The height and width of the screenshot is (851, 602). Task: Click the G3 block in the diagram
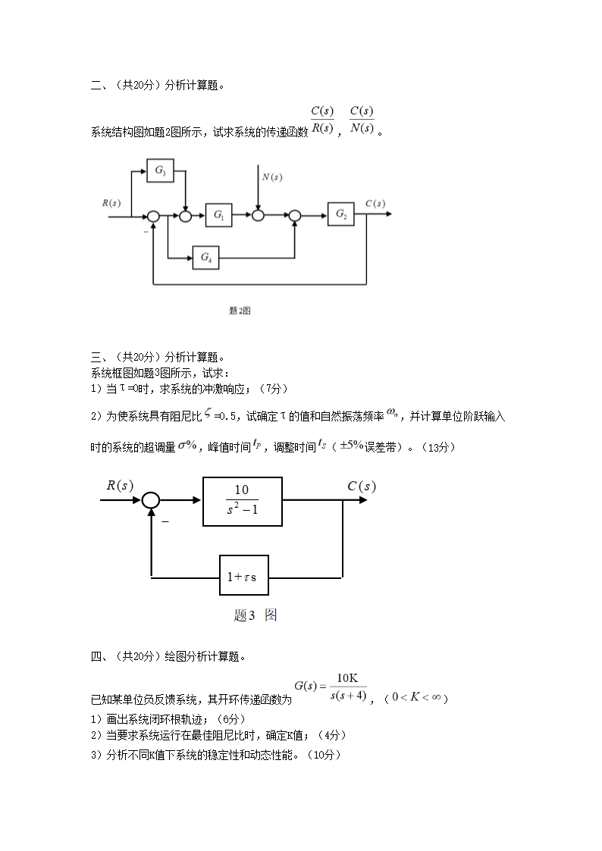[x=160, y=171]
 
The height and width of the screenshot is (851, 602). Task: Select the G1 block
[x=218, y=215]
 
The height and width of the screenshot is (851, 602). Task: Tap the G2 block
[x=341, y=215]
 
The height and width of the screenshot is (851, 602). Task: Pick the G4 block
[x=205, y=258]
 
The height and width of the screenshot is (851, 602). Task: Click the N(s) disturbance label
[x=272, y=177]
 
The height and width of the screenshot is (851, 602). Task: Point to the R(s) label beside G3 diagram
[x=111, y=202]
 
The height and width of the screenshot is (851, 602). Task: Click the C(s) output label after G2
[x=375, y=203]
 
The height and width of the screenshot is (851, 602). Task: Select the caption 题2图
[x=240, y=311]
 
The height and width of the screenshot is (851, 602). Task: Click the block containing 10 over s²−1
[x=242, y=501]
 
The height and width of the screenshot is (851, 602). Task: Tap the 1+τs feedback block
[x=243, y=577]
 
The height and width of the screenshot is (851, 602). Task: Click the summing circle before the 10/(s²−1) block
[x=152, y=500]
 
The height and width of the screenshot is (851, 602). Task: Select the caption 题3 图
[x=256, y=615]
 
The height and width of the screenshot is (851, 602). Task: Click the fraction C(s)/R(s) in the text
[x=322, y=120]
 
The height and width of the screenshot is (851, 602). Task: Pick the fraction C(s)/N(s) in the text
[x=362, y=120]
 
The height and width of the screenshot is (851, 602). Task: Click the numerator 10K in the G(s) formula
[x=347, y=677]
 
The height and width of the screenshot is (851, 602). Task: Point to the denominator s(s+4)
[x=349, y=695]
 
